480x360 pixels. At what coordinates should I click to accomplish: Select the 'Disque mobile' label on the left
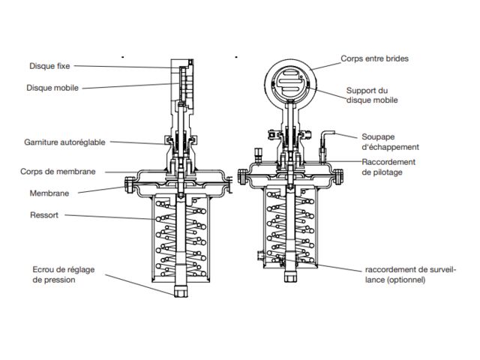click(52, 88)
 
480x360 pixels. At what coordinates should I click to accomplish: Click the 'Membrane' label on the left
click(49, 193)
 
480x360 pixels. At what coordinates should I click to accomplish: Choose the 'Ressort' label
click(44, 214)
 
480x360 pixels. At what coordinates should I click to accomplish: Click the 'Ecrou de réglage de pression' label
click(63, 274)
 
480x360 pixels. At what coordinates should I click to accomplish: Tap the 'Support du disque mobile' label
click(372, 95)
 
